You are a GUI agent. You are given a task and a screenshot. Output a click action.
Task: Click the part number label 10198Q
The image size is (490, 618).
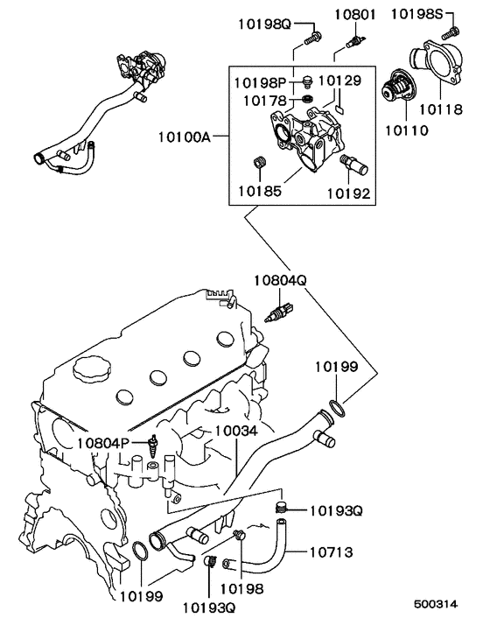click(x=263, y=22)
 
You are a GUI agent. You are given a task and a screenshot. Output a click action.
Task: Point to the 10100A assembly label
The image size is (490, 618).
click(x=185, y=137)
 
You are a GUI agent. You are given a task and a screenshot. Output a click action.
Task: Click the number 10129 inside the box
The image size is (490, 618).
click(x=339, y=81)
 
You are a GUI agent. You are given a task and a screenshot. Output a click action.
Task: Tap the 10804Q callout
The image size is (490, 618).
click(x=281, y=281)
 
